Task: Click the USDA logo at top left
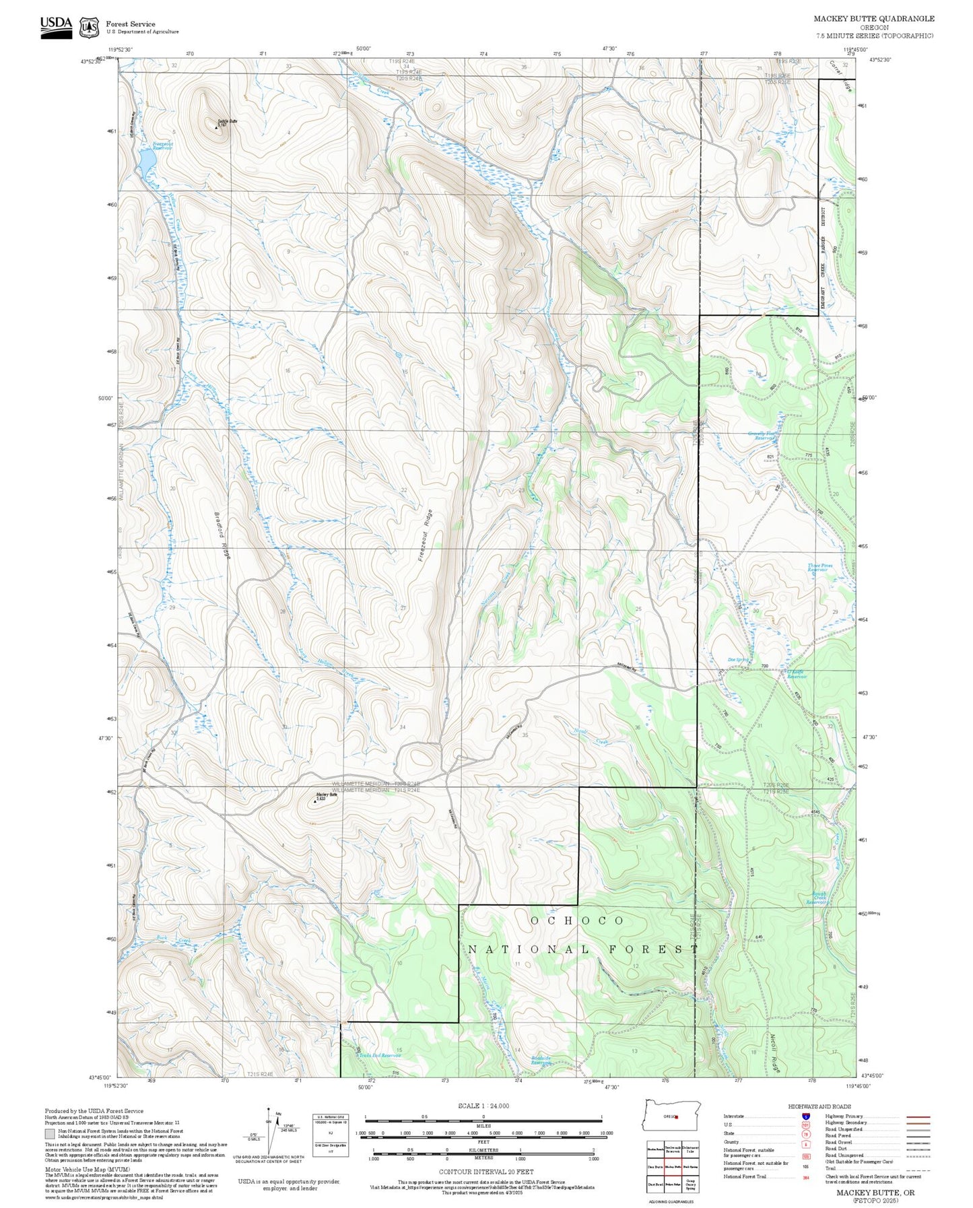point(56,27)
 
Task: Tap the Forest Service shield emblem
point(88,28)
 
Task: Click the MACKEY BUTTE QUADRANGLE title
point(873,18)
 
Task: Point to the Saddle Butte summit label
point(227,122)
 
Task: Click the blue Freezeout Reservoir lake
point(147,161)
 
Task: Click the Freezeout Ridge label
point(424,536)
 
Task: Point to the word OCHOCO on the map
point(577,920)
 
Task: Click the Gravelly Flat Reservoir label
point(763,436)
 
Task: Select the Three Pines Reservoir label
point(820,568)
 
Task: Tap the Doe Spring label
point(738,660)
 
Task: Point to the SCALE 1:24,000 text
point(483,1106)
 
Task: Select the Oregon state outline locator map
point(672,1116)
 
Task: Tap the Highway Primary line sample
point(918,1116)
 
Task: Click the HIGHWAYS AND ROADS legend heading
point(819,1106)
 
